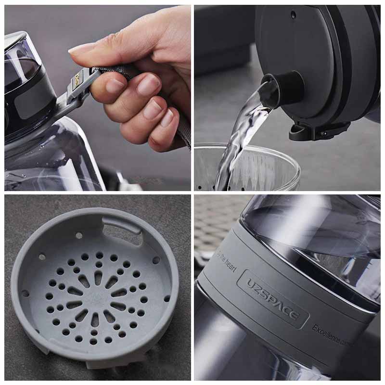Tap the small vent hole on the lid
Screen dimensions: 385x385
(293, 14)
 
